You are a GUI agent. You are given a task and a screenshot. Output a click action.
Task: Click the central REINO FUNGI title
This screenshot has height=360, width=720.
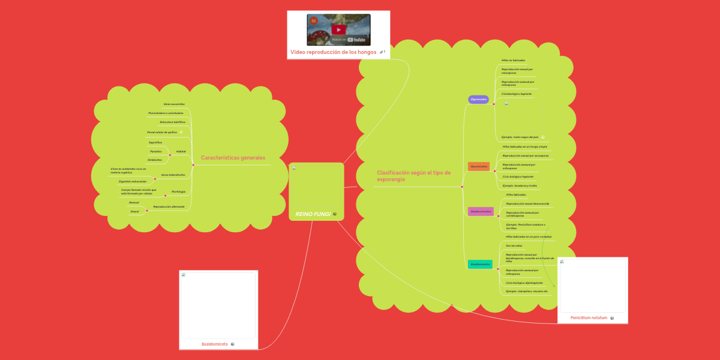tap(313, 214)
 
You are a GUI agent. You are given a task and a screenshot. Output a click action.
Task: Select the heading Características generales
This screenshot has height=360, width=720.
tap(233, 158)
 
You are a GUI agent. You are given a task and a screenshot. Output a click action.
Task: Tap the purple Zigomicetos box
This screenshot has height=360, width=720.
tap(478, 99)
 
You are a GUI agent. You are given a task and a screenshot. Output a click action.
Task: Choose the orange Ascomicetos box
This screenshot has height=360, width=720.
tap(479, 166)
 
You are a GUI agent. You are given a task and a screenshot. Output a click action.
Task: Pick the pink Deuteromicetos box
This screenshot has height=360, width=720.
tap(481, 211)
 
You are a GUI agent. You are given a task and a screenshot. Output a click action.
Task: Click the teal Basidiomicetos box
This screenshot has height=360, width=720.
tap(480, 264)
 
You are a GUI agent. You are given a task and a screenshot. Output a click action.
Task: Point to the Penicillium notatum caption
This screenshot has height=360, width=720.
tap(589, 317)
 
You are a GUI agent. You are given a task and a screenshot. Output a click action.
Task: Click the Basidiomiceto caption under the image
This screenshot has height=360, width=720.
tap(215, 344)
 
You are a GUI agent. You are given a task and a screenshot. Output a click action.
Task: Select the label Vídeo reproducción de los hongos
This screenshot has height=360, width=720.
tap(334, 52)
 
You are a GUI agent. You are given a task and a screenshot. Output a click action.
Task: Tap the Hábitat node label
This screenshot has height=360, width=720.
tap(181, 152)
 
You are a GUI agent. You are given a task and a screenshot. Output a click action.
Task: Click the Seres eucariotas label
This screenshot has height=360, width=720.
tap(174, 104)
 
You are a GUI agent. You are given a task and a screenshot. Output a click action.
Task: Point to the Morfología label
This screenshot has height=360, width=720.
tap(178, 191)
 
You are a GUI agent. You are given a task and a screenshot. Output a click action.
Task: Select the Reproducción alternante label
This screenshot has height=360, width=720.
tap(169, 206)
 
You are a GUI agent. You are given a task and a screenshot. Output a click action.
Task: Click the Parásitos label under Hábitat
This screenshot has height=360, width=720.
tap(155, 152)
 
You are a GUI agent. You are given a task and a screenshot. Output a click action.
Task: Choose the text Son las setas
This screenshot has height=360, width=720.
tap(514, 245)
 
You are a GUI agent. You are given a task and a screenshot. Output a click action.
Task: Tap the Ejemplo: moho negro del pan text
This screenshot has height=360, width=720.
tap(520, 137)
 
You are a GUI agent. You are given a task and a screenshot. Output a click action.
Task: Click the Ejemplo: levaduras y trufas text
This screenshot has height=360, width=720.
tap(520, 186)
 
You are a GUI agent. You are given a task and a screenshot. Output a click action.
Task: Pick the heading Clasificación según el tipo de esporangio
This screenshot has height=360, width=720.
tap(413, 176)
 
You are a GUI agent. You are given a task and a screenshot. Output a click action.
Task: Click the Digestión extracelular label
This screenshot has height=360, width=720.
tap(133, 181)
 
